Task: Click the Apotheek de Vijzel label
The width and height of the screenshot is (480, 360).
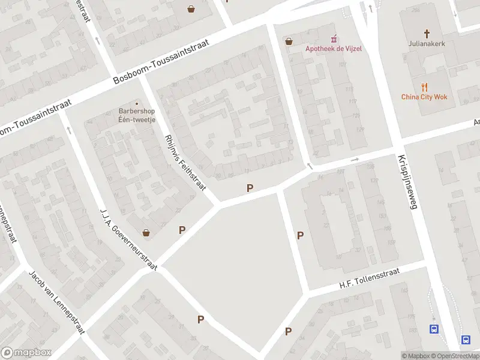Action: pyautogui.click(x=334, y=49)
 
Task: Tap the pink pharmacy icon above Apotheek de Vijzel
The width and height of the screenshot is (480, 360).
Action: pyautogui.click(x=334, y=40)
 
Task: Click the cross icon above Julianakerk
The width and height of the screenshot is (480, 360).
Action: pyautogui.click(x=427, y=34)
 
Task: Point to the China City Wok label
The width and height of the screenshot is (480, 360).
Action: pyautogui.click(x=424, y=97)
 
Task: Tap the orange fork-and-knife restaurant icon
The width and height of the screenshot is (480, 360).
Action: pyautogui.click(x=424, y=87)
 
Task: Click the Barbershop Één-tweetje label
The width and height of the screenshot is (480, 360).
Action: pyautogui.click(x=137, y=115)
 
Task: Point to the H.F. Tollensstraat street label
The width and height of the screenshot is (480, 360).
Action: pyautogui.click(x=364, y=281)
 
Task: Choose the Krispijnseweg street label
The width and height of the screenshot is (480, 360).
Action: pyautogui.click(x=406, y=182)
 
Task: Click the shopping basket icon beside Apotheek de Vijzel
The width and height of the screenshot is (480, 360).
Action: pyautogui.click(x=289, y=41)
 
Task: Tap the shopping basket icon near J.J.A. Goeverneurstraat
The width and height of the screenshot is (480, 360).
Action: pyautogui.click(x=145, y=232)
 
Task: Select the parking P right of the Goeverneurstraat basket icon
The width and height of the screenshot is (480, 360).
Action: pyautogui.click(x=182, y=230)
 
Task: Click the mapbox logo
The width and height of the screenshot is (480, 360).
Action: pyautogui.click(x=26, y=352)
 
